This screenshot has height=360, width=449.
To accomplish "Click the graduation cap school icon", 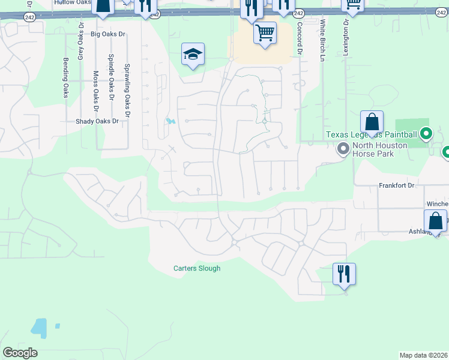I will pos(193,55).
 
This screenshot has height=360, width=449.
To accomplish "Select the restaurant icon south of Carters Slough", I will pos(344,274).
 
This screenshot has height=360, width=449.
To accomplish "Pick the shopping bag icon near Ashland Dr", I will pos(435,220).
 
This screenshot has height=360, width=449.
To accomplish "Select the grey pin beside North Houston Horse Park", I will pos(343,148).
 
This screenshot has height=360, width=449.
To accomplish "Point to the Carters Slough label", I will pos(197,268).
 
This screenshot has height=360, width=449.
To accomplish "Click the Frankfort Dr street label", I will pos(397,185).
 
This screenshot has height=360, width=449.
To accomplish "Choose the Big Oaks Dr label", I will pos(108,34).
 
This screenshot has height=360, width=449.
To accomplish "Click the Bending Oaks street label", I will pos(65,78).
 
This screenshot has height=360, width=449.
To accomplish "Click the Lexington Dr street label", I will pos(346,37).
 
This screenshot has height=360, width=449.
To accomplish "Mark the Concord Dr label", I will pos(300,39).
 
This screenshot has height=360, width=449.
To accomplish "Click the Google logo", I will pos(20,353).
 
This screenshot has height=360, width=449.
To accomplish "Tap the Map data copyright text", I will pos(424,355).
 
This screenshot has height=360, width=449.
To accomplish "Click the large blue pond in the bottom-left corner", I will pos(38,328).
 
